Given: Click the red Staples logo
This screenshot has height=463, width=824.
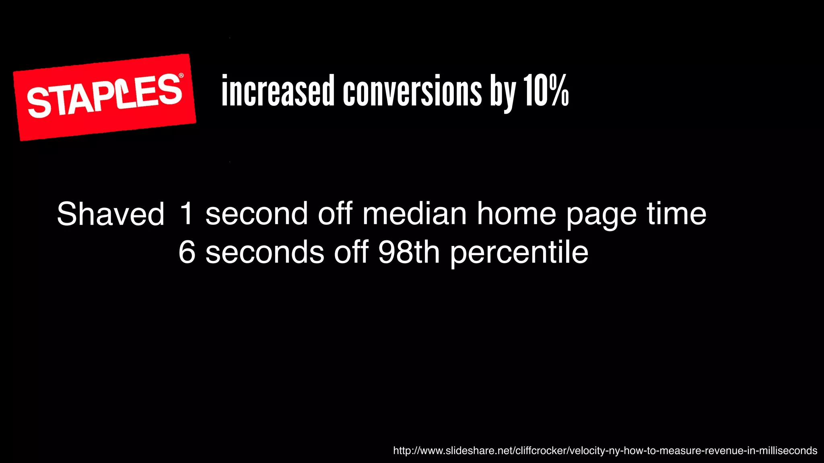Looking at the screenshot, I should (x=104, y=97).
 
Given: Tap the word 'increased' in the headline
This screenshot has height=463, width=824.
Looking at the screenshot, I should (x=278, y=91).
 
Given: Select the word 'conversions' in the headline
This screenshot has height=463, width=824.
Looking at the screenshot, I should (x=412, y=91).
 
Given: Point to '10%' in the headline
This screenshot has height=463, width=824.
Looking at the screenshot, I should (x=546, y=91).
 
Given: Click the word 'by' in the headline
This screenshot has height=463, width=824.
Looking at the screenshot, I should (x=503, y=92).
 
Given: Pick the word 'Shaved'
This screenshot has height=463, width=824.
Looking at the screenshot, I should (x=111, y=214).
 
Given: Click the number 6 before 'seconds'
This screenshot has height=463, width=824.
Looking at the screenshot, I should (x=187, y=252).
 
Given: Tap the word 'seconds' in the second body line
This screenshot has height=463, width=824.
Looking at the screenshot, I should (x=265, y=252).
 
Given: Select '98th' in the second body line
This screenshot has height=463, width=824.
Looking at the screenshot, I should (x=409, y=252).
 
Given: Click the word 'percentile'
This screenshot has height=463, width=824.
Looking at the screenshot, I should (x=519, y=253).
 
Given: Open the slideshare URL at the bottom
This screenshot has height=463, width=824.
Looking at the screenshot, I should (x=605, y=451).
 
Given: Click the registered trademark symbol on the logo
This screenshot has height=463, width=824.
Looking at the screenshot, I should (x=181, y=76).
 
